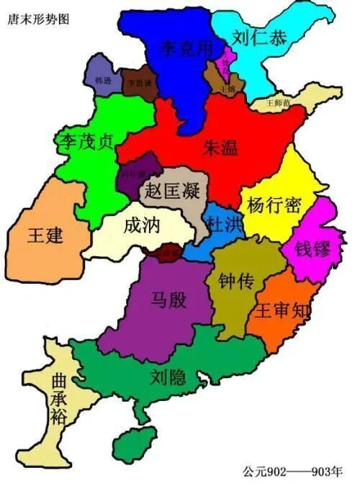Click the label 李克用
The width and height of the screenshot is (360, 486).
tap(186, 49)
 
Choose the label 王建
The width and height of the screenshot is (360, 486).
tap(46, 235)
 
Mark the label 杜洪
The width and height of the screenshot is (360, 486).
tap(222, 223)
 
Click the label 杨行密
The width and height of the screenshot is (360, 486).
tap(273, 204)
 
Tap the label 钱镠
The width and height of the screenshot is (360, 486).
tap(312, 250)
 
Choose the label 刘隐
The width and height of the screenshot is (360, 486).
tap(169, 375)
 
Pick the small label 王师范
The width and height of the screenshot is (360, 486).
tap(278, 102)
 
